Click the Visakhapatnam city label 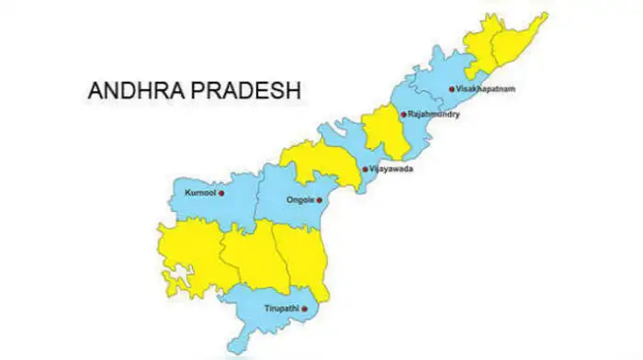click(x=486, y=89)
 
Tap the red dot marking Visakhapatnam click(x=452, y=89)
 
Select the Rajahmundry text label click(x=434, y=115)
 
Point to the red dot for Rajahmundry click(x=402, y=115)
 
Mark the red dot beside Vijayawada click(x=366, y=169)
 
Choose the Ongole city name click(x=299, y=199)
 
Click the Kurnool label click(x=199, y=194)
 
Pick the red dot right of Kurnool click(x=220, y=194)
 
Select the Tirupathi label click(x=282, y=308)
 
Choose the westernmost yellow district click(x=188, y=253)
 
